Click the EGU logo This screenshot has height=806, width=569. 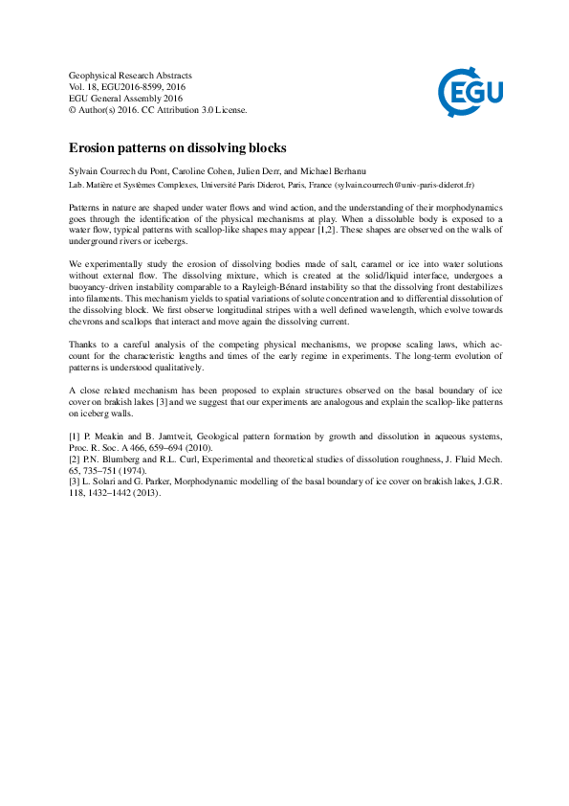(x=470, y=93)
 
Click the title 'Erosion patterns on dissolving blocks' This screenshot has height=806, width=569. (x=178, y=148)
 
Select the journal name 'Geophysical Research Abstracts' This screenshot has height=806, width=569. (x=130, y=76)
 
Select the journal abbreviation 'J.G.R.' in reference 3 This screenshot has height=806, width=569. (x=483, y=483)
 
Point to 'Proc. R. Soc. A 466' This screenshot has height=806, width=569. (x=111, y=448)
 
